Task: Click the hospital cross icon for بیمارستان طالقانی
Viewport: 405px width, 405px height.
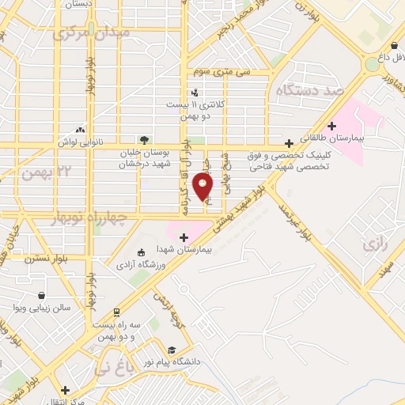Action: coord(332,124)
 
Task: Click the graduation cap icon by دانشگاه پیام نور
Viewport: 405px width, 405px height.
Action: coord(172,350)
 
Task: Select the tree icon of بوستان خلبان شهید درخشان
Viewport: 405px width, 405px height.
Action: coord(143,141)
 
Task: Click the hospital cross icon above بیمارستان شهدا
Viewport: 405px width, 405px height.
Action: coord(184,237)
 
